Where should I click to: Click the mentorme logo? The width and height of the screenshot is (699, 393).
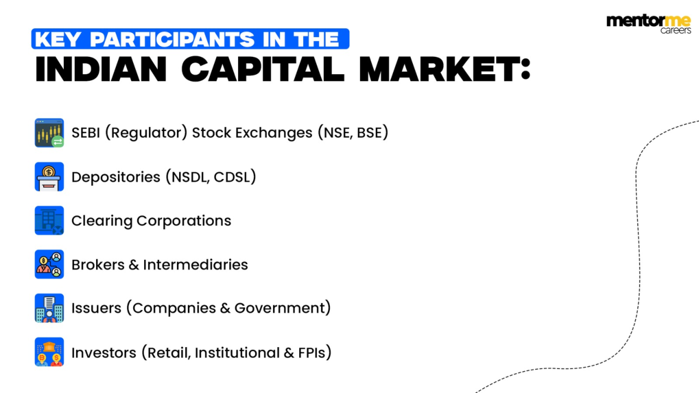(648, 23)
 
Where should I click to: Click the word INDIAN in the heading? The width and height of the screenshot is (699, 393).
(101, 70)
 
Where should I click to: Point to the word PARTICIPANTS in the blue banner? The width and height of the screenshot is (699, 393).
(172, 39)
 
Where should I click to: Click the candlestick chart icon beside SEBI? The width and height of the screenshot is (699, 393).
(49, 133)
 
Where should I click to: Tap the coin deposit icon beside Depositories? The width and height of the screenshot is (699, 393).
(49, 177)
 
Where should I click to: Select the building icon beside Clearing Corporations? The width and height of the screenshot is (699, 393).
(49, 221)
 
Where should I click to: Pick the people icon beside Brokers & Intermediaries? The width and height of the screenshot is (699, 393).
(49, 264)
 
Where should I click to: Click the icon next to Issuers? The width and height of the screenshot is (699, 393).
(49, 308)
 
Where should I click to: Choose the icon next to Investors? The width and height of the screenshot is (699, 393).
(49, 352)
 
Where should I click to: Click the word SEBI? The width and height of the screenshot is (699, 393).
(86, 133)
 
